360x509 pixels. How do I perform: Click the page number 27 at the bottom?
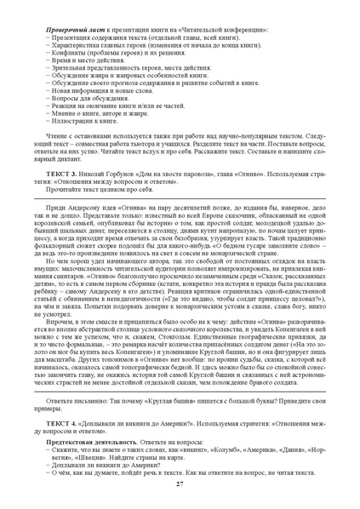click(180, 484)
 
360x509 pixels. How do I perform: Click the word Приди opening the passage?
click(55, 206)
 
